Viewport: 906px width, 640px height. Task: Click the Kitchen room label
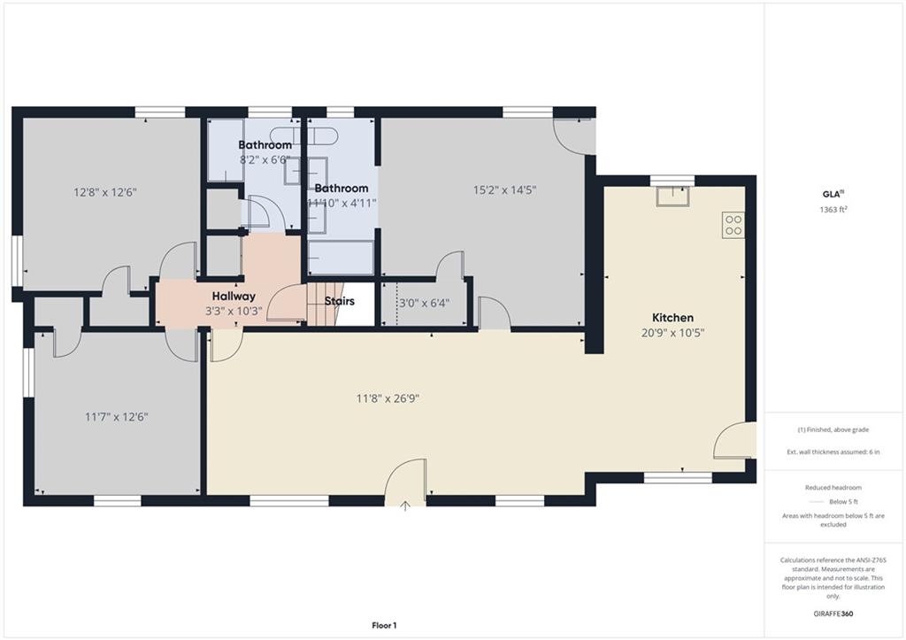[672, 318]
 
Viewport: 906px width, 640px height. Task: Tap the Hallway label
[234, 297]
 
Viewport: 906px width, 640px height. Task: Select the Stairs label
[339, 301]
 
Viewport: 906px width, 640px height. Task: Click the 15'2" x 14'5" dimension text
[505, 189]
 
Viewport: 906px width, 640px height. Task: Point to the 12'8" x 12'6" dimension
[105, 192]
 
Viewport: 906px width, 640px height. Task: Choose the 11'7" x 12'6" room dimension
[117, 417]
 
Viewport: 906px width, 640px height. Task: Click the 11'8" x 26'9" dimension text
[388, 398]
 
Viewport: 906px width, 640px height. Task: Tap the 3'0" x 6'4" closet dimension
[424, 303]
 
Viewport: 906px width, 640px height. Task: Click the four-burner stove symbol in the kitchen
[733, 225]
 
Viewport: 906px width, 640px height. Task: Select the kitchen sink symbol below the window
[672, 196]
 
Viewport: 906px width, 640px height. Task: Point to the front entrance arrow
[405, 506]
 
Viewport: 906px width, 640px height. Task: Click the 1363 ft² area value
[833, 209]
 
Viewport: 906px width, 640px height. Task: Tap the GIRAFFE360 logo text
[833, 613]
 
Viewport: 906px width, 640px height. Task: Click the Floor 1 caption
[384, 625]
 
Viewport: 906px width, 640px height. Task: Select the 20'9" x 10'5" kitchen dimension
[672, 333]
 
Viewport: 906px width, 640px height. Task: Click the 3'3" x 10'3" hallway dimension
[234, 311]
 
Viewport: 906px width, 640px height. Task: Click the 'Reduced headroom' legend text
[833, 488]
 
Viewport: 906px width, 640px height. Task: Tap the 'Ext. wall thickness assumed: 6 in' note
[833, 452]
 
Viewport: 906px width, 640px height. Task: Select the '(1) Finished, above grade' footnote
[833, 429]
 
